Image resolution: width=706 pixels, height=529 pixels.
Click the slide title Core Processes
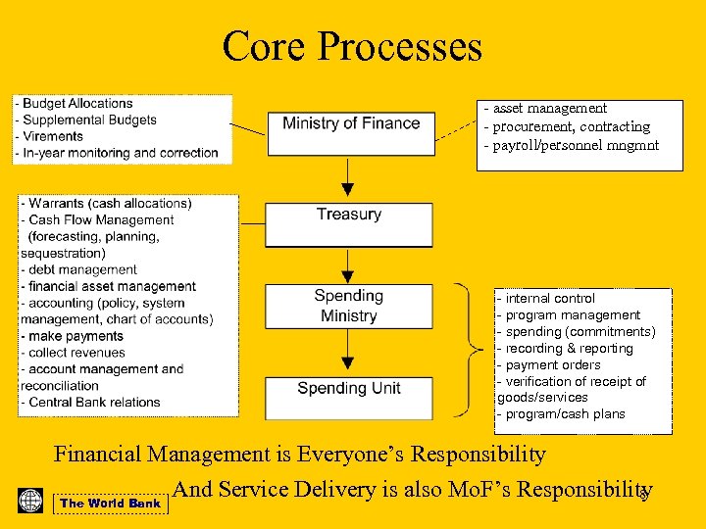(x=352, y=46)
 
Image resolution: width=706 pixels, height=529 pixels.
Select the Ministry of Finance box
(x=351, y=124)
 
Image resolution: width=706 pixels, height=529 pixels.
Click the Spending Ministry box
(x=349, y=306)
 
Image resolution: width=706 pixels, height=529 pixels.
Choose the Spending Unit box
(x=349, y=389)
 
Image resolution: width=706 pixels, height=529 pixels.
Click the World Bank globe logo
(x=30, y=501)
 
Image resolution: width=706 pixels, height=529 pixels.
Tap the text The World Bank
(x=110, y=504)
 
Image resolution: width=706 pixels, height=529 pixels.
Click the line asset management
(x=549, y=109)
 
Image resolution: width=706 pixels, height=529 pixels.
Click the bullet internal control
(x=549, y=299)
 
